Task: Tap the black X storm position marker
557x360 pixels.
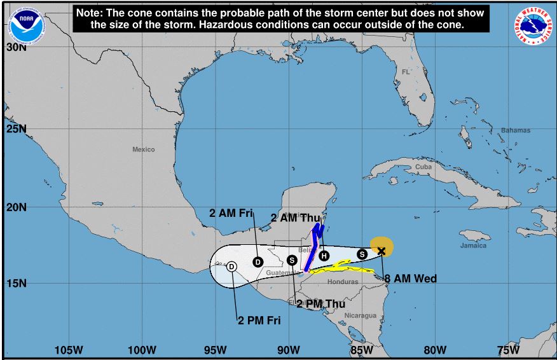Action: click(x=382, y=251)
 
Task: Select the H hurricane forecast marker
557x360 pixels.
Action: click(x=324, y=256)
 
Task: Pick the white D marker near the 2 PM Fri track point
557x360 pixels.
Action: click(x=232, y=267)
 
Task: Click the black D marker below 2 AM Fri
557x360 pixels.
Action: click(x=258, y=261)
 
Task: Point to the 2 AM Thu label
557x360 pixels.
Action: click(x=295, y=218)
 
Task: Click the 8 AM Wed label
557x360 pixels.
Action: click(x=410, y=279)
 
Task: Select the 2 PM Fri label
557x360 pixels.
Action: click(x=259, y=320)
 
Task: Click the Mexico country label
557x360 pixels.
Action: click(x=144, y=149)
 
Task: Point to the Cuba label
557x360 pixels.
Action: click(x=423, y=167)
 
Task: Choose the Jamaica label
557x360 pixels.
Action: click(x=473, y=246)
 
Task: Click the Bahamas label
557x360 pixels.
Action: click(x=515, y=130)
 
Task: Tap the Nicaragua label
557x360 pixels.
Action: click(x=361, y=315)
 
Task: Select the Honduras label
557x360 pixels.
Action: click(x=343, y=282)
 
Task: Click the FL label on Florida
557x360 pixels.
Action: click(x=406, y=72)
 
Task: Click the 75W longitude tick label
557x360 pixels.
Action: click(x=508, y=349)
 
